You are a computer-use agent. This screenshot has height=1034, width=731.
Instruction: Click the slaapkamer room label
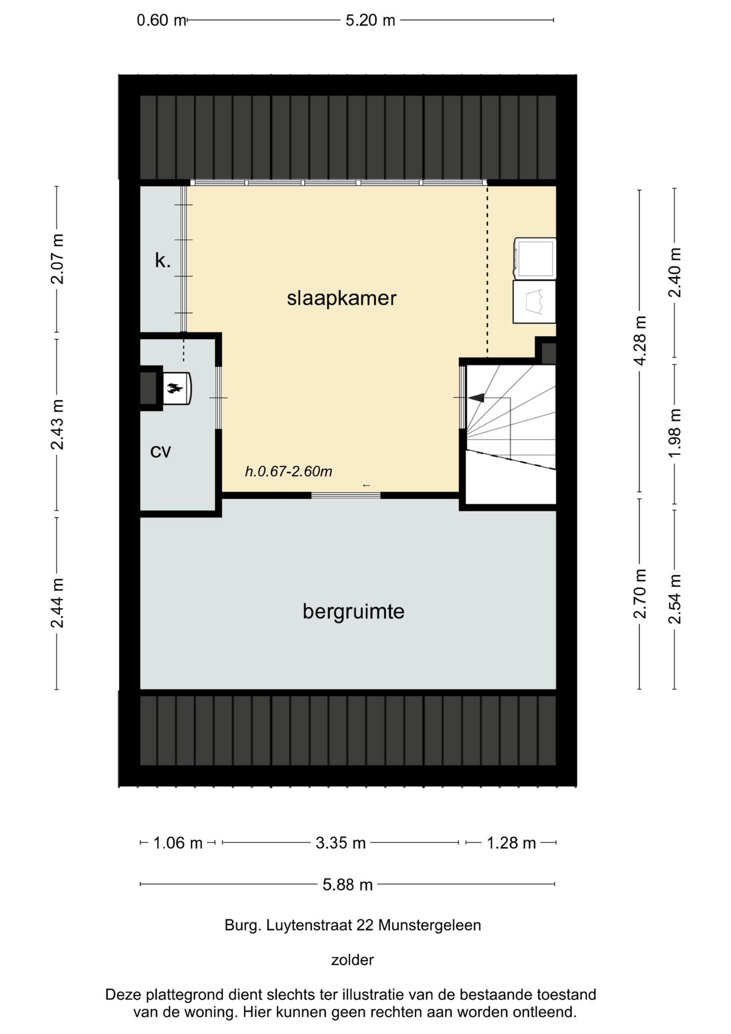coord(341,298)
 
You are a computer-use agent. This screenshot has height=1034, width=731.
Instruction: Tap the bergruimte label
coord(353,612)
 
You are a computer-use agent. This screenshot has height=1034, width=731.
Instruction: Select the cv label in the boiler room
coord(160,451)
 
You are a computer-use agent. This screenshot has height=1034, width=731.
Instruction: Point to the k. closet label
coord(163,261)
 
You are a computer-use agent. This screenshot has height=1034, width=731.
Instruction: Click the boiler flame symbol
coord(175,388)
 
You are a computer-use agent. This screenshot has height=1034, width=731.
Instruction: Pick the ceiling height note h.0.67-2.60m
coord(289,472)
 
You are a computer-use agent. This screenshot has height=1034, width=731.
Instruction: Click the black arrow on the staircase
coord(476,398)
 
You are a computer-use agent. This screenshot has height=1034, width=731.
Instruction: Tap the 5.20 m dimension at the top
coord(370,20)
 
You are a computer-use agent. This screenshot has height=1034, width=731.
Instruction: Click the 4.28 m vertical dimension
coord(639,340)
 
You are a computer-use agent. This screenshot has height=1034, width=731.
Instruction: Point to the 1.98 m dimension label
coord(674,433)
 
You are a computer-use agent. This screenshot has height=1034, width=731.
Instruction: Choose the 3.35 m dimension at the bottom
coord(340,843)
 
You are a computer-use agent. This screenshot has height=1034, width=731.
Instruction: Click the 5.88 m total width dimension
coord(348,884)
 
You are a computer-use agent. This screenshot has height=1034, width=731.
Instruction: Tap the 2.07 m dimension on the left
coord(57,259)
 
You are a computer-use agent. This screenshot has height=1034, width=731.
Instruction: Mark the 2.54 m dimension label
coord(674,599)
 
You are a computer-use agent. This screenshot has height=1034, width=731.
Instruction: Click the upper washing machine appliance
coord(535,258)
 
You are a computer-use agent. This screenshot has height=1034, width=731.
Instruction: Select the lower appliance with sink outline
coord(535,302)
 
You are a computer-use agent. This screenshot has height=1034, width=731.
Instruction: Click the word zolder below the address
coord(353,960)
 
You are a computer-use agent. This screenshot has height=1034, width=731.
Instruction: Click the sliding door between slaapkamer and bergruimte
coord(346,495)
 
